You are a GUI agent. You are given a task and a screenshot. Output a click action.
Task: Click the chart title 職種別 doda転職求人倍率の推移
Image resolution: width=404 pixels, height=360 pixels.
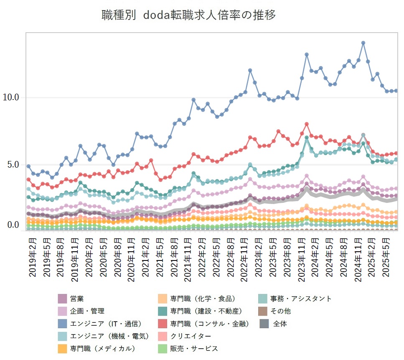click(189, 15)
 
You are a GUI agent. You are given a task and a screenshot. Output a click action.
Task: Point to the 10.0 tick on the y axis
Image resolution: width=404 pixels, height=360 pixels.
click(11, 97)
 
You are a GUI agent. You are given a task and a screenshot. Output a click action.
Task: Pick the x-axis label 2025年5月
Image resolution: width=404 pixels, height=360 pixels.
click(387, 256)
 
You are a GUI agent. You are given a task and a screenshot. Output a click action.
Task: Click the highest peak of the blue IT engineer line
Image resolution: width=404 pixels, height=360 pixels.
click(363, 43)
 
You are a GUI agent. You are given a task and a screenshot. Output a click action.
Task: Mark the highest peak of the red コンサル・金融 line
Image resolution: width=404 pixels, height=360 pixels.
click(306, 124)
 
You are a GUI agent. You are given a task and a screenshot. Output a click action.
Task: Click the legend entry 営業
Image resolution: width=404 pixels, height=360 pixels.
click(77, 299)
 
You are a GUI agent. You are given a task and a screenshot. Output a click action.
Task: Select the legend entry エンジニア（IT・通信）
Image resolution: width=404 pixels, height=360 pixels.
click(105, 324)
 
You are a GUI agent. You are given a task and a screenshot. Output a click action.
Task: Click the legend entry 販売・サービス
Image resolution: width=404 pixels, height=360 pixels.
click(193, 348)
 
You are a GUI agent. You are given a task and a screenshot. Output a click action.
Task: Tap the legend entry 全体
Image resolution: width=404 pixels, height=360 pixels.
click(280, 324)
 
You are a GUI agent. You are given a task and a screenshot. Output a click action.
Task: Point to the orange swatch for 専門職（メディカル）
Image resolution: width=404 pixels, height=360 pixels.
click(63, 348)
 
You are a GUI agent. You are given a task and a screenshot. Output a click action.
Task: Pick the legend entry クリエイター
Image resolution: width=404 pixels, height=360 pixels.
click(190, 336)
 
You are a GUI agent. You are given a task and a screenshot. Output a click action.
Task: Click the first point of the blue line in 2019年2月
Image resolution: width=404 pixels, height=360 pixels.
click(28, 166)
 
